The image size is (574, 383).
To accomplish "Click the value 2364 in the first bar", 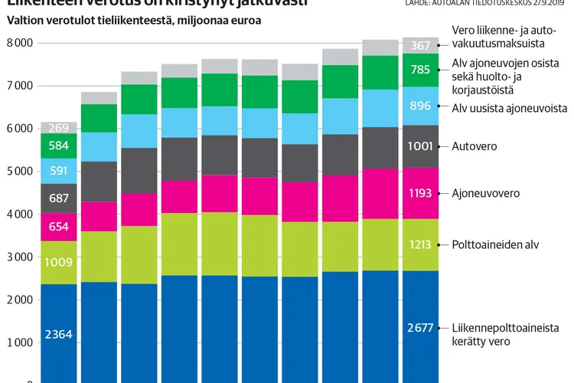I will click(58, 334).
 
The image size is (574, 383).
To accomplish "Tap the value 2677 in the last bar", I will click(420, 328).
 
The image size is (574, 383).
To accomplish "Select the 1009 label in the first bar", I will click(58, 263).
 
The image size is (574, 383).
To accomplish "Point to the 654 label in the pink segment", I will click(58, 227).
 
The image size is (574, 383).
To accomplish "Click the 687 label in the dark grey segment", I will click(58, 198).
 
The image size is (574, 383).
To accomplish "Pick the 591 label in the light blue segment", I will click(58, 170).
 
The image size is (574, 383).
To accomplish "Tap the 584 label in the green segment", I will click(58, 146).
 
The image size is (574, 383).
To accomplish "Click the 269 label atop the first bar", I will click(58, 128).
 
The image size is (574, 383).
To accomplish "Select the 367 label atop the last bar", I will click(420, 46).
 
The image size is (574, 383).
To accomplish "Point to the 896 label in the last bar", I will click(420, 106).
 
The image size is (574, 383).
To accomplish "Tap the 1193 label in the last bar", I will click(420, 194).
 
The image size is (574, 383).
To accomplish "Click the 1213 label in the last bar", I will click(420, 245).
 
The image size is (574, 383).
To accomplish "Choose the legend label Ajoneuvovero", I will click(485, 194).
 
